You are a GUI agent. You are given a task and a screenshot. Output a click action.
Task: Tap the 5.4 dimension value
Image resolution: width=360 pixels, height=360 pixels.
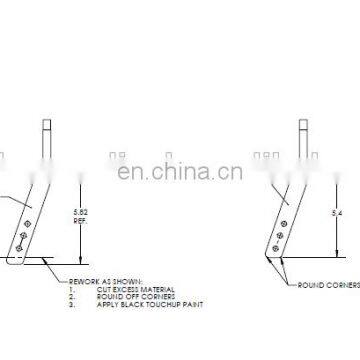320,212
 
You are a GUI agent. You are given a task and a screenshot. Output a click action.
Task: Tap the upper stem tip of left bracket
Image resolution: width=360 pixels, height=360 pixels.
47,124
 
